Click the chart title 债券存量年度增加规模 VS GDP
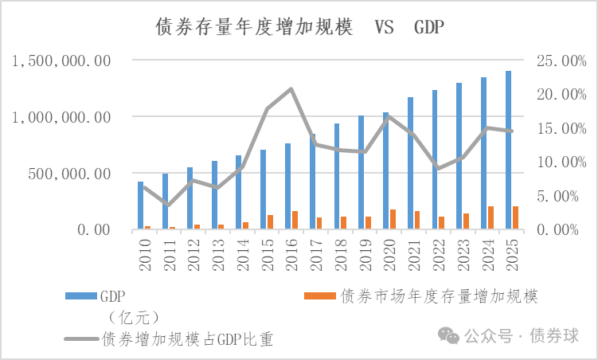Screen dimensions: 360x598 [299, 26]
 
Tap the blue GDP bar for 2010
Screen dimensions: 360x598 [141, 205]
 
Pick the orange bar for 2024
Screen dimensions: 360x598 [491, 217]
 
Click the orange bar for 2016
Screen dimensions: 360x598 [295, 220]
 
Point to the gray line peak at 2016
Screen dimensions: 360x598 [291, 88]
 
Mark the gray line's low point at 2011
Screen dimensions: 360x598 [169, 205]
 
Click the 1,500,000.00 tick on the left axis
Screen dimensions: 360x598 [61, 61]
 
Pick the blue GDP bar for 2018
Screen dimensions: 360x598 [337, 176]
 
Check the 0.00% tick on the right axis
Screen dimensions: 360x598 [561, 229]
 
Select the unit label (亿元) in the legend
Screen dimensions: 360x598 [129, 318]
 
